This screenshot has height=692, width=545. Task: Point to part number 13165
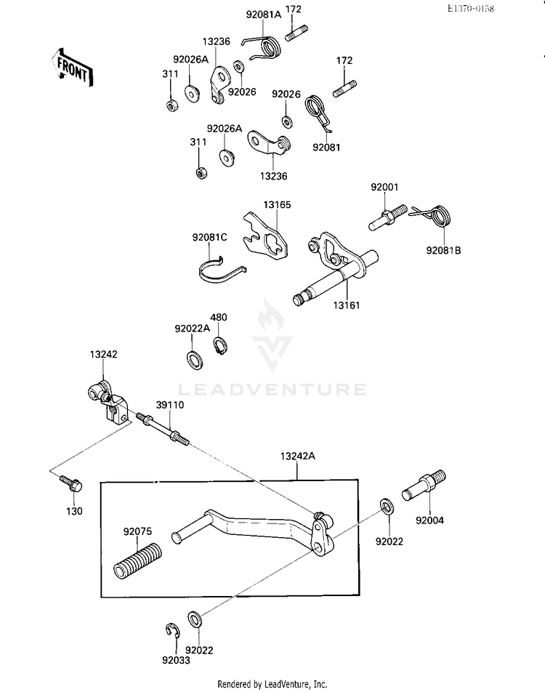[278, 205]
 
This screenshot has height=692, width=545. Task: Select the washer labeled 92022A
[195, 358]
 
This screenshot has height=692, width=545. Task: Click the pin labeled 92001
[387, 218]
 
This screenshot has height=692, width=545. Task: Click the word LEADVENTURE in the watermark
[272, 390]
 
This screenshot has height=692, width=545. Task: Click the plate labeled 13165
[267, 237]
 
